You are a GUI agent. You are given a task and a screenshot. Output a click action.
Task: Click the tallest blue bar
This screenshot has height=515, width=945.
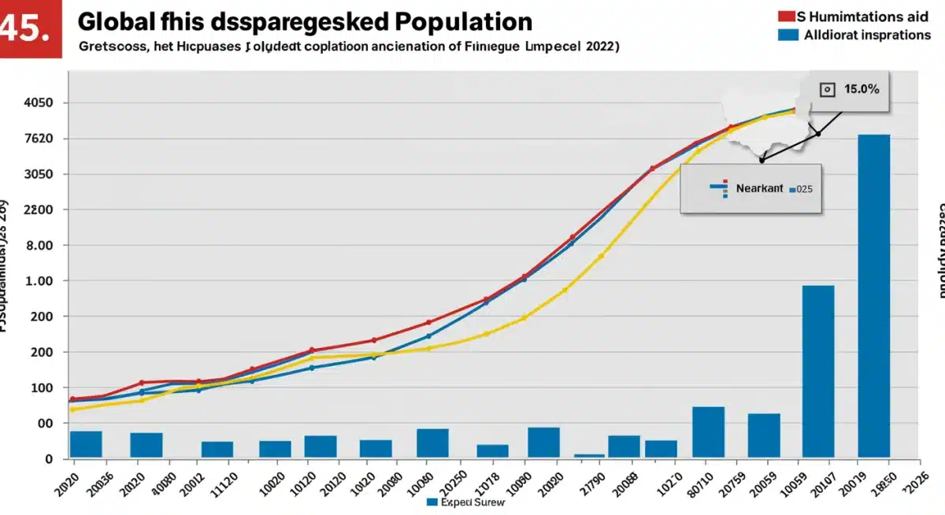tap(873, 295)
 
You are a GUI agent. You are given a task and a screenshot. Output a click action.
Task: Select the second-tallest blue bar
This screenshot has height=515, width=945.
tap(817, 370)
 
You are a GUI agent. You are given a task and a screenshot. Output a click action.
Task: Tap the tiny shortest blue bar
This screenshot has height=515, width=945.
tap(589, 455)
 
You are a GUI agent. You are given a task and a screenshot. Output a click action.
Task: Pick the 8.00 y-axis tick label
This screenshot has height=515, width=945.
tap(39, 246)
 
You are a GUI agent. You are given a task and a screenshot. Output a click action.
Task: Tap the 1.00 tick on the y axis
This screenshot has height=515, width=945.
tap(39, 281)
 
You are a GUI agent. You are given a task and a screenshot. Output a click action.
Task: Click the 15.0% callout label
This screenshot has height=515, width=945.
tap(861, 89)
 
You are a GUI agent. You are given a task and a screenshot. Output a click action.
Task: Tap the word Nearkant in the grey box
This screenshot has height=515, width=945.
tap(759, 189)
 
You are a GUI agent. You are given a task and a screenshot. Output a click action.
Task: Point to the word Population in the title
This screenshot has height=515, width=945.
tap(465, 21)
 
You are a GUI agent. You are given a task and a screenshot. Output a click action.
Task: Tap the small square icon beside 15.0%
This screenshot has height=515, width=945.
tap(826, 90)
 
